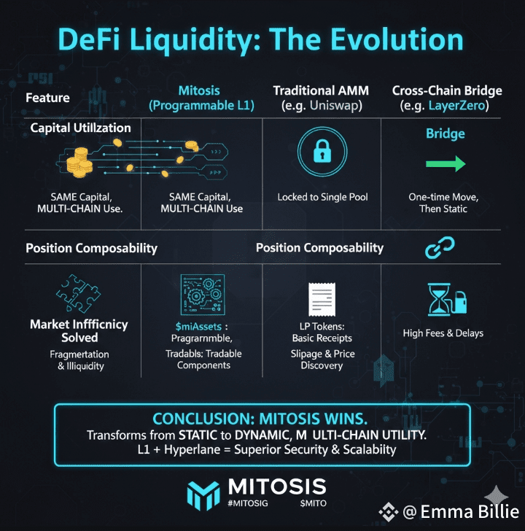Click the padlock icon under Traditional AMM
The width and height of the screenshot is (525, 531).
[321, 152]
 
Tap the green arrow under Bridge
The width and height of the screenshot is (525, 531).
[445, 164]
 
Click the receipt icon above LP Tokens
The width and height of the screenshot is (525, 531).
[322, 299]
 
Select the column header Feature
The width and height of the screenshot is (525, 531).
[48, 98]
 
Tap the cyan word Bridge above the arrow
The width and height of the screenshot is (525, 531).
[445, 134]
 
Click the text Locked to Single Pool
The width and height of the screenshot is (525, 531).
[322, 198]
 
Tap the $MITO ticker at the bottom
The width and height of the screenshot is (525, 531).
[313, 503]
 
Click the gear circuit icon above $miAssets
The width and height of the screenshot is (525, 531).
[199, 295]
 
